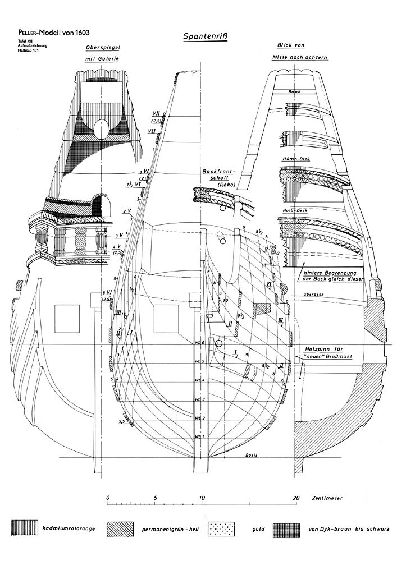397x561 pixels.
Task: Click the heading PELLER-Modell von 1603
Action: (50, 34)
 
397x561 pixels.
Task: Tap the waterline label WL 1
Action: (197, 436)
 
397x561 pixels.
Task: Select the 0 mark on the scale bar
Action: (107, 497)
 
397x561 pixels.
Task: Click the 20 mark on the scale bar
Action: (296, 497)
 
